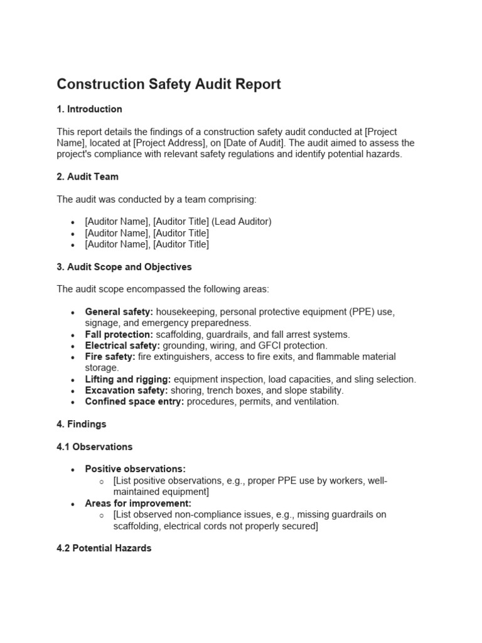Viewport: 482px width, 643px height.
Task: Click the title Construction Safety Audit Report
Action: point(169,84)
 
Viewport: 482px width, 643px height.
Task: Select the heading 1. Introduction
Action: point(89,109)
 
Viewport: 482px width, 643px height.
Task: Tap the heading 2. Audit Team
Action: point(87,177)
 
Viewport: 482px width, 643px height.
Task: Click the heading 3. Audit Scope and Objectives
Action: point(124,267)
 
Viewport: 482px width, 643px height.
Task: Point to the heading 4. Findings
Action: point(82,424)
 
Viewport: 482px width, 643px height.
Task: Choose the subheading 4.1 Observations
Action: point(95,447)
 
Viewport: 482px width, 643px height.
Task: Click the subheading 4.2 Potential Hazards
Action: point(104,548)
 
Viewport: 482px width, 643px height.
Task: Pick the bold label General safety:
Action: point(119,312)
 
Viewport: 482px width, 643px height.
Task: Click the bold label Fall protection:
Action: point(119,335)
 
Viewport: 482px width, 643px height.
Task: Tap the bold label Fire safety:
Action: point(110,357)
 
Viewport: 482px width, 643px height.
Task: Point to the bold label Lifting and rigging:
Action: point(128,379)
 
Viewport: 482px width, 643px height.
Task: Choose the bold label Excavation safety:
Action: point(126,391)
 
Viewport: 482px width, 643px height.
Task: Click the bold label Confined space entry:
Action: point(134,402)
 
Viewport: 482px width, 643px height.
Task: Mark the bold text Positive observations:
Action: point(136,469)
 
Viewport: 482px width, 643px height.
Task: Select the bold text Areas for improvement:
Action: point(138,504)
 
